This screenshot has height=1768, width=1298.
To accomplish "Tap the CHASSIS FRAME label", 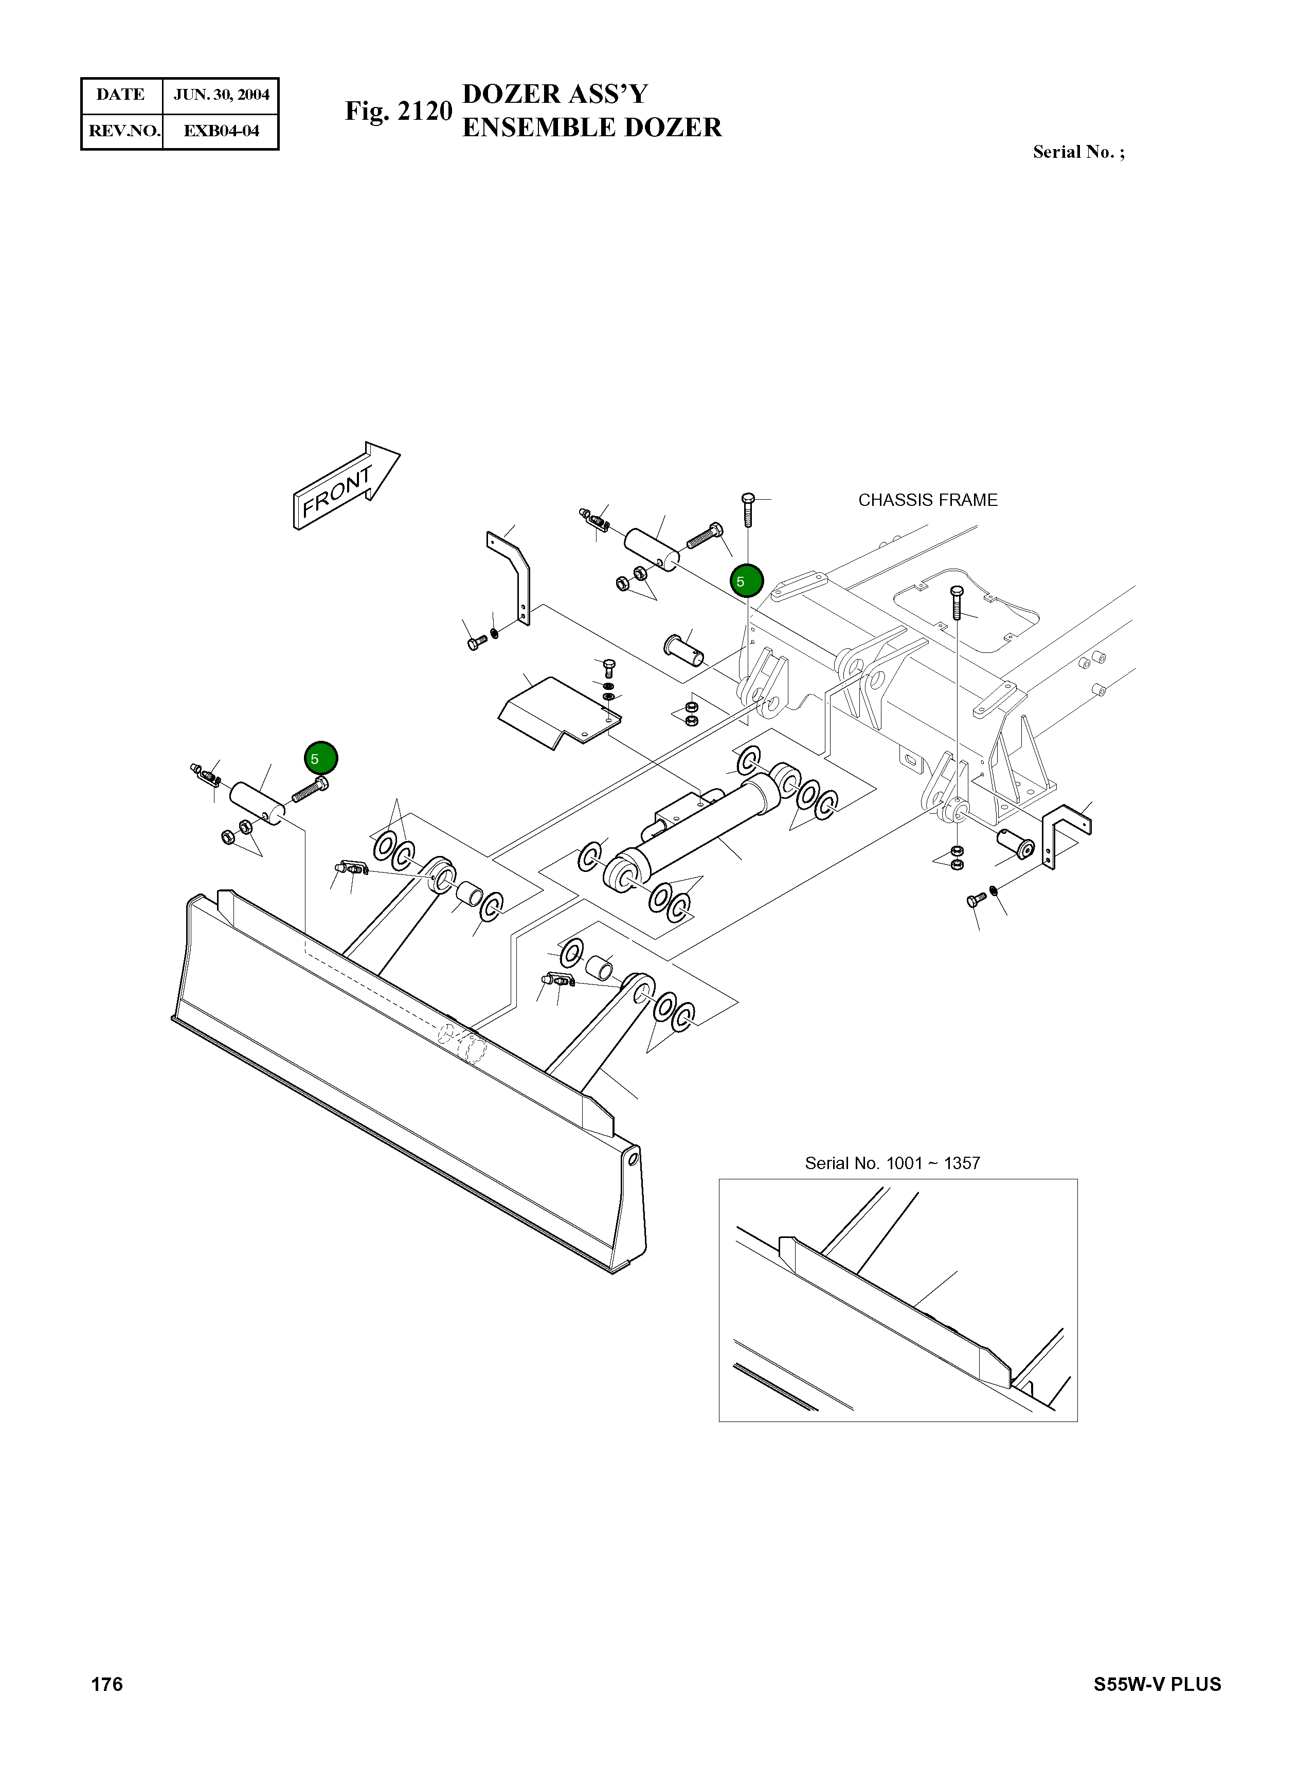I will (927, 500).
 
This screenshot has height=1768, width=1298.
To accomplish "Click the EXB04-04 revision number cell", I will (221, 131).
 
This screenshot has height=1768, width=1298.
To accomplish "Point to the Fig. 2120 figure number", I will (399, 112).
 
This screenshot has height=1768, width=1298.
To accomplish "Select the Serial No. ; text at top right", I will (1078, 152).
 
